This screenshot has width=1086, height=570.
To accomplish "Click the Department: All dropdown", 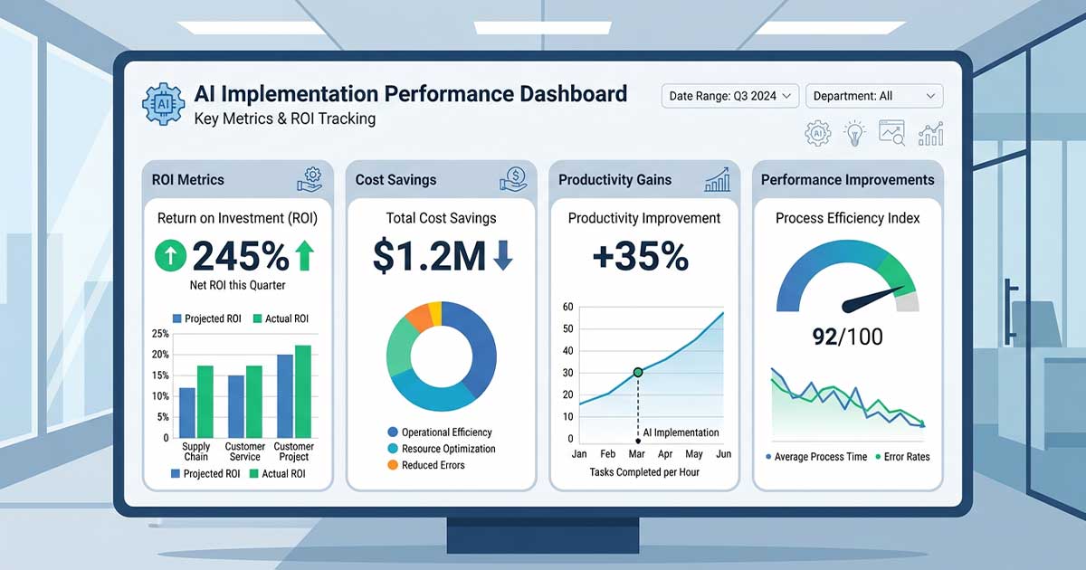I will pyautogui.click(x=873, y=96).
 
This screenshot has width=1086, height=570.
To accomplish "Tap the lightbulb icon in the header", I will pyautogui.click(x=854, y=134).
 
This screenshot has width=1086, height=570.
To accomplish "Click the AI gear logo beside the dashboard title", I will pyautogui.click(x=164, y=104).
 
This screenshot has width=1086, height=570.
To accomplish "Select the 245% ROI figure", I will pyautogui.click(x=240, y=257).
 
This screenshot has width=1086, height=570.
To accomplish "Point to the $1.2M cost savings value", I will pyautogui.click(x=430, y=257).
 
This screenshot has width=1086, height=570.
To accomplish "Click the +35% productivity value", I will pyautogui.click(x=641, y=257).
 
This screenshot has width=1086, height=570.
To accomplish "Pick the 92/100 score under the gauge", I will pyautogui.click(x=848, y=337).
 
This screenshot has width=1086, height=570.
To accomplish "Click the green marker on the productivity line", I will pyautogui.click(x=638, y=372).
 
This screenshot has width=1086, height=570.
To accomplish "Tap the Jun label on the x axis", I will pyautogui.click(x=722, y=454).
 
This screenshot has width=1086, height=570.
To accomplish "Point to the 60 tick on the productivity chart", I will pyautogui.click(x=568, y=307).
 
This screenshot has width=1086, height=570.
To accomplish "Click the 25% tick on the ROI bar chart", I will pyautogui.click(x=159, y=334).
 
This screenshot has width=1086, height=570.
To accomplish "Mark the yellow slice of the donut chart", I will pyautogui.click(x=435, y=313).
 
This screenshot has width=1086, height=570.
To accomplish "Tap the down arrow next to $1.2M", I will pyautogui.click(x=503, y=258).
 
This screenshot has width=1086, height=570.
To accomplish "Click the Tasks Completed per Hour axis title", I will pyautogui.click(x=643, y=472).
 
